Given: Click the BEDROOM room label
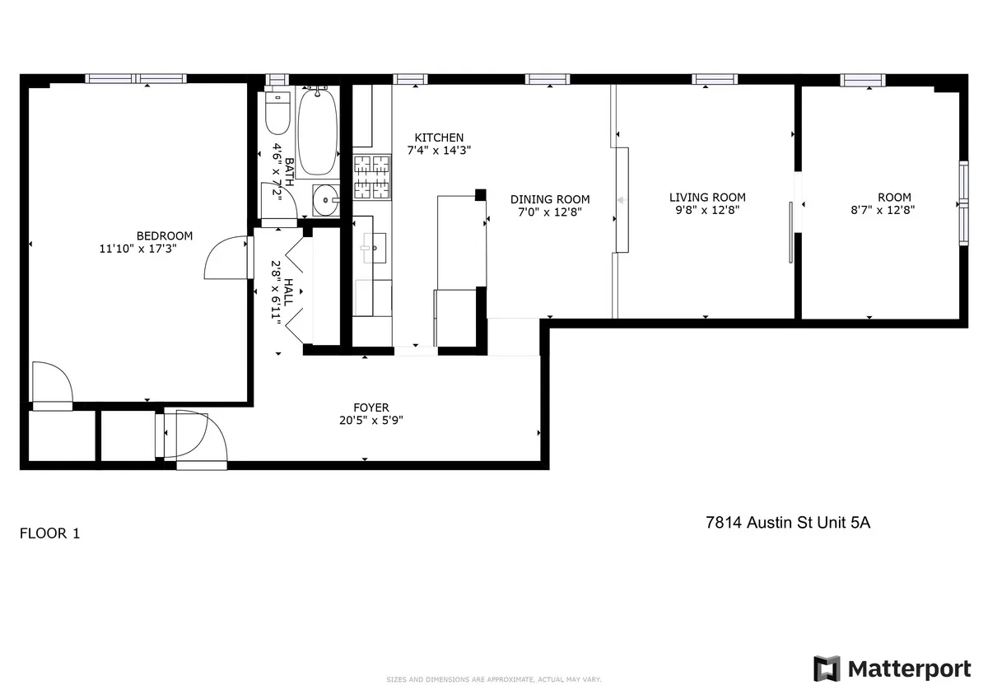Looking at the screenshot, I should click(x=165, y=235).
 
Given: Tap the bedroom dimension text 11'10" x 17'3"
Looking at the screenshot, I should click(x=138, y=248).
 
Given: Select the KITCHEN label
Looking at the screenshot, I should click(x=439, y=137).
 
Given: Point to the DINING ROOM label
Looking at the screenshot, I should click(x=550, y=199).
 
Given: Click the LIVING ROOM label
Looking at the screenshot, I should click(x=707, y=197).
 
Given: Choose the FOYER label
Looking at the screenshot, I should click(x=370, y=408).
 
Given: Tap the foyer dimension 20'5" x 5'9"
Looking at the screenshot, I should click(x=370, y=420).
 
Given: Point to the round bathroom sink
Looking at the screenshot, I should click(x=326, y=198).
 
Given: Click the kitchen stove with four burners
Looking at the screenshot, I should click(x=371, y=177).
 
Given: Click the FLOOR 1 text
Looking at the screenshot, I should click(x=49, y=534).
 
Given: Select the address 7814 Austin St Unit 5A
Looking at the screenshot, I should click(x=788, y=522).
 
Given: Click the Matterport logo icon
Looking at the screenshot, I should click(x=827, y=669).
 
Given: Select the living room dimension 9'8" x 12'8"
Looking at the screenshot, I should click(x=707, y=210).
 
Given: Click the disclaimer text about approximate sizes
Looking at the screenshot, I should click(x=494, y=679).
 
